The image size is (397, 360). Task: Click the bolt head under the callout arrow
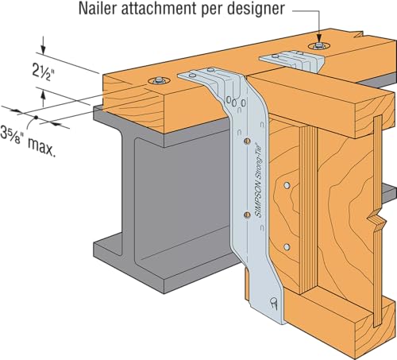pyautogui.click(x=319, y=46)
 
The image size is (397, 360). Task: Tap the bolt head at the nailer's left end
pyautogui.click(x=159, y=80)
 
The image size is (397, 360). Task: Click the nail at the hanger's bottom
pyautogui.click(x=273, y=303)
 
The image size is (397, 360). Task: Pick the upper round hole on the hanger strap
pyautogui.click(x=247, y=141)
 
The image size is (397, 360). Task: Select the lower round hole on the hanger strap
pyautogui.click(x=247, y=215)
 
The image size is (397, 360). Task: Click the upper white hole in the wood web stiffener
pyautogui.click(x=287, y=185)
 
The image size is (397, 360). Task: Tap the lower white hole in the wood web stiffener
pyautogui.click(x=287, y=247)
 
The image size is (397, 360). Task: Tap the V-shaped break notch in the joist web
pyautogui.click(x=376, y=221)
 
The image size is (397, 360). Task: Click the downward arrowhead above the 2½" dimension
pyautogui.click(x=43, y=49)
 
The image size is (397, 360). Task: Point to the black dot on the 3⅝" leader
pyautogui.click(x=36, y=117)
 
